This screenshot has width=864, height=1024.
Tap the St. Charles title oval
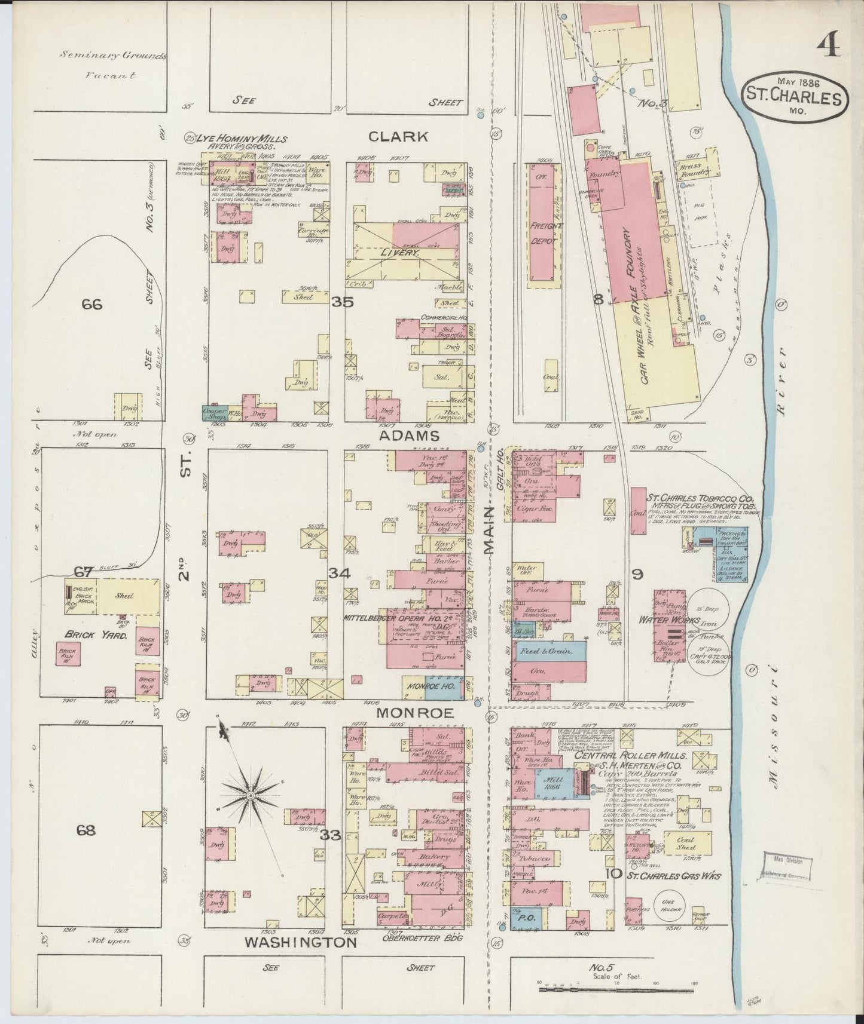click(x=795, y=96)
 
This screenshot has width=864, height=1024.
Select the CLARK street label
click(x=398, y=137)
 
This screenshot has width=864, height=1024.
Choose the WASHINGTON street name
click(x=301, y=943)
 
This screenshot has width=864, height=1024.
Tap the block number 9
click(x=638, y=575)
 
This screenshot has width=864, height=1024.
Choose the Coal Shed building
click(x=686, y=843)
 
